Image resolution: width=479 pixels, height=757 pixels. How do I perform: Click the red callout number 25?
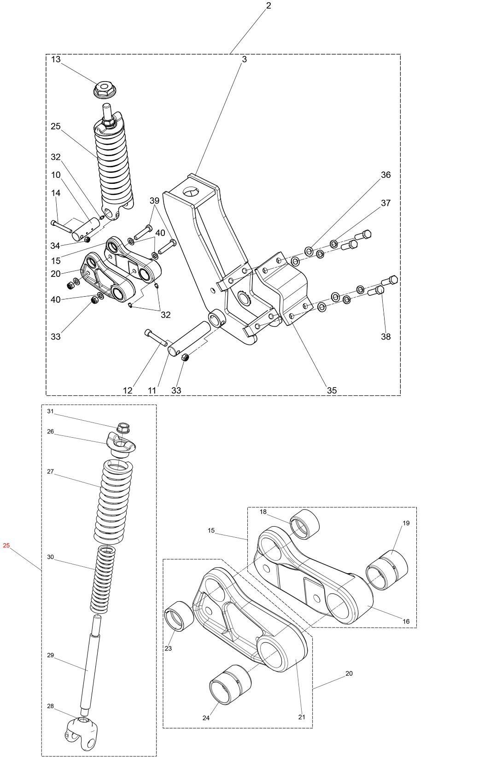[6, 546]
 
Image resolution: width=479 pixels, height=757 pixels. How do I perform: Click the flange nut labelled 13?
[105, 89]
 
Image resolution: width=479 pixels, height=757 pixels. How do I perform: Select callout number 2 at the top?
[269, 6]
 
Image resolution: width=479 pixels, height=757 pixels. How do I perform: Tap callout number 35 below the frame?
[332, 390]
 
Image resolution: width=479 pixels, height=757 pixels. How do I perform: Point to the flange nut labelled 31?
[123, 428]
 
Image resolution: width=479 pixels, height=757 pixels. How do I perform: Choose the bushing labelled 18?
[304, 524]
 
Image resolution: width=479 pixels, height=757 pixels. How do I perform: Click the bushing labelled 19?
[387, 570]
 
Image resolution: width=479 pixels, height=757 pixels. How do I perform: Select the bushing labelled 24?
[230, 684]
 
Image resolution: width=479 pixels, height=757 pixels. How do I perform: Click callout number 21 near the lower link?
[302, 717]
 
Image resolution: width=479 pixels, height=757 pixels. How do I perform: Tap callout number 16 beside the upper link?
[406, 622]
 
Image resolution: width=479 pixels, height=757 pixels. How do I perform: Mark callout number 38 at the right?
[386, 336]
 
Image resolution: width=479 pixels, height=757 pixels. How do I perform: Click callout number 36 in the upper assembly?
[386, 175]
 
